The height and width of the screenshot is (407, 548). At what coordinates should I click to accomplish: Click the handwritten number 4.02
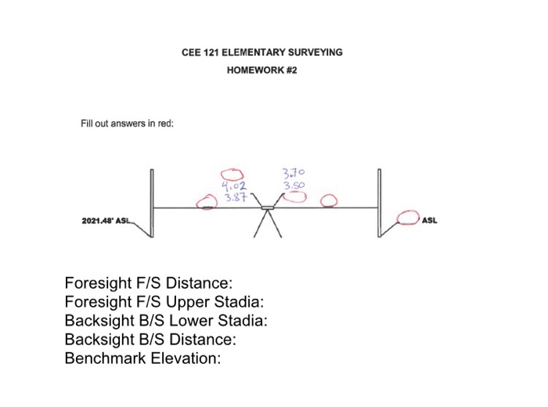point(233,186)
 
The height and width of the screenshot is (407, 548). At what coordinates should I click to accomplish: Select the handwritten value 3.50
point(294,185)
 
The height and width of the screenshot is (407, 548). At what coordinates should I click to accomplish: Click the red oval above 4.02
point(232,174)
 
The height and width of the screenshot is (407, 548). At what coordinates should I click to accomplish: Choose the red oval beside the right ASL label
point(408,217)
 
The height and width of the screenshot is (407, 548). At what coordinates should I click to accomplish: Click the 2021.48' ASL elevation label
point(107,222)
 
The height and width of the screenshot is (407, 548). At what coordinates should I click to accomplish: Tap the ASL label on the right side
point(430,221)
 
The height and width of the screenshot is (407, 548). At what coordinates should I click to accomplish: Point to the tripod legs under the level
point(269,225)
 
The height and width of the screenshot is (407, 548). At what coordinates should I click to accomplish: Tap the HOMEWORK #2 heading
point(262,70)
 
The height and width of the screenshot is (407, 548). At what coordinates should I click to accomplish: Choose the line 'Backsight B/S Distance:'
point(150,340)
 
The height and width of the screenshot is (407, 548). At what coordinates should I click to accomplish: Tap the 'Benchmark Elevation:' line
point(142,359)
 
